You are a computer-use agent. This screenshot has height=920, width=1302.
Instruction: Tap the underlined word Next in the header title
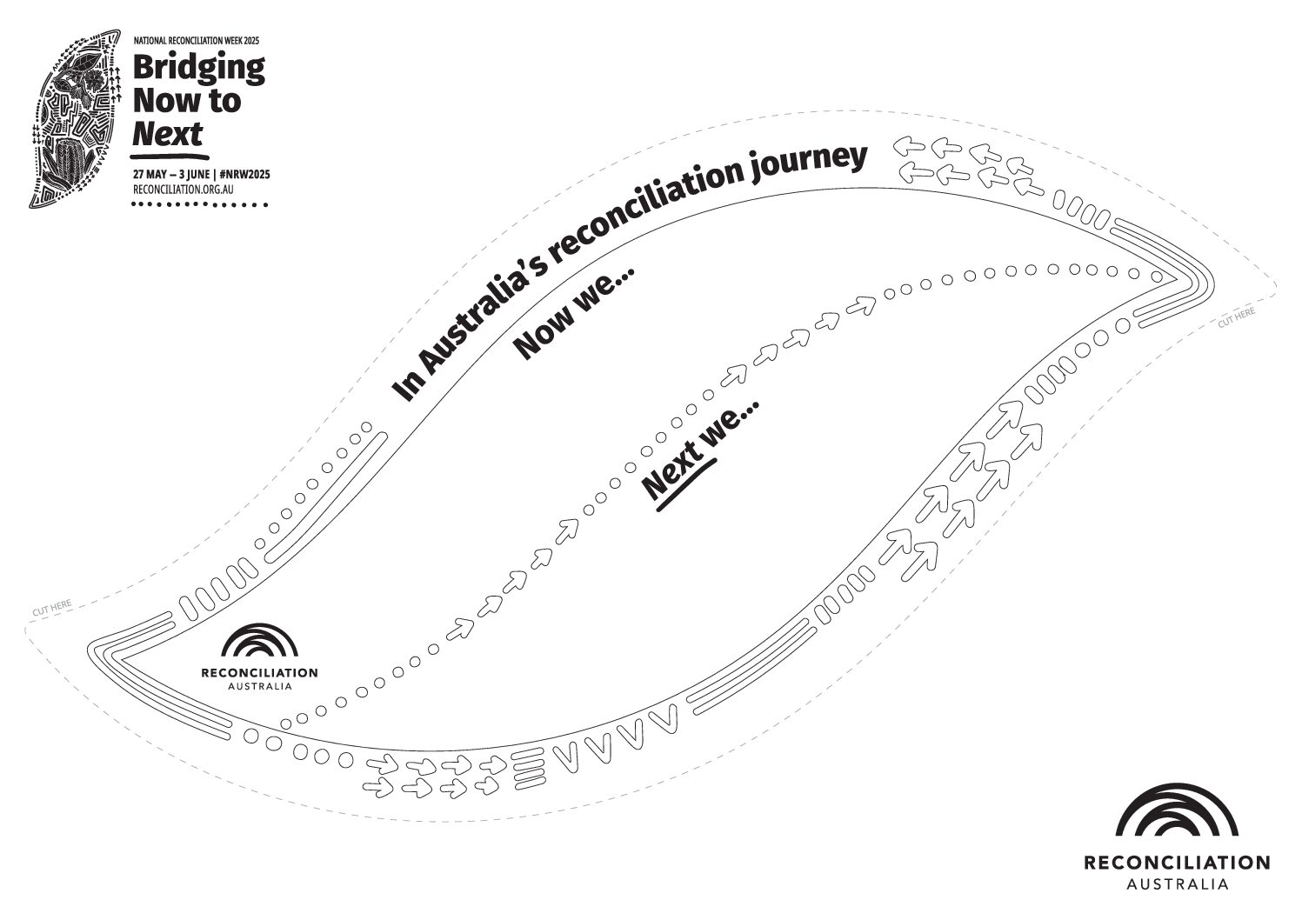[x=167, y=135]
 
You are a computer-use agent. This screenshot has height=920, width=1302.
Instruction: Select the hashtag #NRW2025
[x=244, y=175]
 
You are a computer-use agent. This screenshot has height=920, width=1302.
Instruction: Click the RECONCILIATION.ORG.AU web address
[x=184, y=190]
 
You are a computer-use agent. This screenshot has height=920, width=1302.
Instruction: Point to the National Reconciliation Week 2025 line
[x=197, y=41]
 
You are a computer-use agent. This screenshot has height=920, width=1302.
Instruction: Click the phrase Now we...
[x=571, y=313]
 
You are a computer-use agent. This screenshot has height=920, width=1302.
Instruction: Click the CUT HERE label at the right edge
[x=1236, y=317]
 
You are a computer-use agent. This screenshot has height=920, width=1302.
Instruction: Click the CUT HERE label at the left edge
[x=51, y=608]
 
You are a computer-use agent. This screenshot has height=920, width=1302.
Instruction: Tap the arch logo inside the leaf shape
[x=259, y=642]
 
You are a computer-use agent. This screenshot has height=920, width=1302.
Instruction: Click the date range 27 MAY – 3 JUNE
[x=171, y=175]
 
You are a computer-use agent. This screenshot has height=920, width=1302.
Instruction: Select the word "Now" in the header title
[x=169, y=101]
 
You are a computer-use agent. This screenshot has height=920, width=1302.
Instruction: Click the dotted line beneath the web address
[x=200, y=204]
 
